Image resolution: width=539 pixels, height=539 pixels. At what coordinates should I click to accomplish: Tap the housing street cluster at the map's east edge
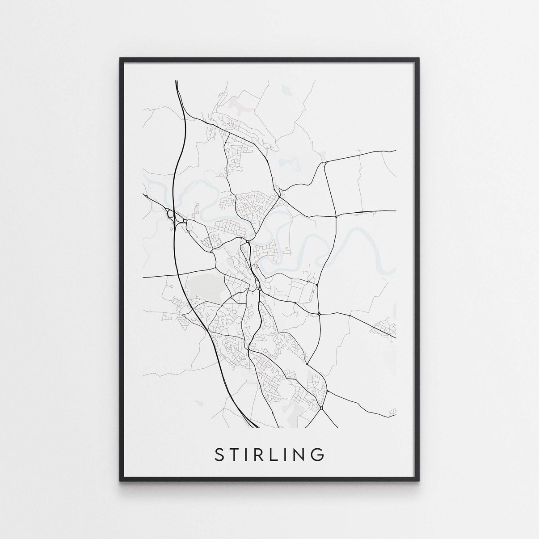tap(385, 328)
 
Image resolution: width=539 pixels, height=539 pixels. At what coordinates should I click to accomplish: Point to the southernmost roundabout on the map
tap(321, 408)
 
